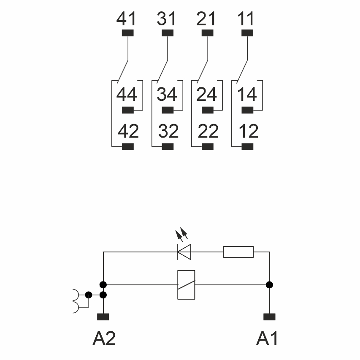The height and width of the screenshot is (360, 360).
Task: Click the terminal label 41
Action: pyautogui.click(x=127, y=19)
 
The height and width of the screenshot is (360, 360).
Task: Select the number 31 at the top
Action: pyautogui.click(x=167, y=19)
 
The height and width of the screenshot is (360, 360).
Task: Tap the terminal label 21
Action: pyautogui.click(x=207, y=19)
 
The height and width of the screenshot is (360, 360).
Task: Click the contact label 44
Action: pyautogui.click(x=127, y=94)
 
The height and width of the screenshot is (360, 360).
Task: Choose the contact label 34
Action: pyautogui.click(x=167, y=94)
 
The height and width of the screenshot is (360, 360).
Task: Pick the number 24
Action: pyautogui.click(x=207, y=94)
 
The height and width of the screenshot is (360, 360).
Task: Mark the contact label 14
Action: pyautogui.click(x=247, y=94)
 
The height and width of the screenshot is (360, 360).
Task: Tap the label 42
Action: pyautogui.click(x=128, y=132)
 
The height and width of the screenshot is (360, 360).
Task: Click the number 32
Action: pyautogui.click(x=168, y=132)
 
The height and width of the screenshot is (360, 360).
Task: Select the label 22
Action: pyautogui.click(x=208, y=132)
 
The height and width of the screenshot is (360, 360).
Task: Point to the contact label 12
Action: pyautogui.click(x=248, y=132)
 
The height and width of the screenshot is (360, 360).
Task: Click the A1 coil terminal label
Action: pyautogui.click(x=267, y=338)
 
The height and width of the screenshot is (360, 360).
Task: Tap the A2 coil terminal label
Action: pyautogui.click(x=104, y=338)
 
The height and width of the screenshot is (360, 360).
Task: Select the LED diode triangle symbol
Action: pyautogui.click(x=184, y=252)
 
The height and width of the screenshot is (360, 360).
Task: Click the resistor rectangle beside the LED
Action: pyautogui.click(x=238, y=252)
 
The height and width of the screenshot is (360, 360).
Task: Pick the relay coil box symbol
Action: pyautogui.click(x=186, y=285)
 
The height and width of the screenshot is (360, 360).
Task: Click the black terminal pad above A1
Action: pyautogui.click(x=269, y=317)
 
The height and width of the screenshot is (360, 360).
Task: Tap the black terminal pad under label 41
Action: pyautogui.click(x=127, y=33)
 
